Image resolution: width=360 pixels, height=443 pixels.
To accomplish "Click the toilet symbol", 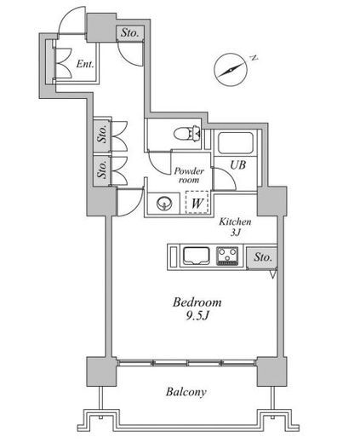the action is [x=188, y=133].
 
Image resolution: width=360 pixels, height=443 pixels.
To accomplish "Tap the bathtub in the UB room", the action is [x=235, y=143].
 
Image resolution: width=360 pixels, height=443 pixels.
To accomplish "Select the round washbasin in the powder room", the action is [x=164, y=204].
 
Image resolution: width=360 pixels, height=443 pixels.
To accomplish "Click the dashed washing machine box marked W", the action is [x=197, y=203].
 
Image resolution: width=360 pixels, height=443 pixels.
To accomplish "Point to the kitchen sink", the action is [x=197, y=256].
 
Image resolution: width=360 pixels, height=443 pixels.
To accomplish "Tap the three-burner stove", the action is [x=227, y=256].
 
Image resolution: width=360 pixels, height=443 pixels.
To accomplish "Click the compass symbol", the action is [x=231, y=70].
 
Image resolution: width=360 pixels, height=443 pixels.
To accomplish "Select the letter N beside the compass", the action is [x=254, y=58].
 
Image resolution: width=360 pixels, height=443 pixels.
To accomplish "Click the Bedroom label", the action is [x=197, y=302].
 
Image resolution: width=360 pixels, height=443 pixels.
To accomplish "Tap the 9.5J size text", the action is [x=197, y=315].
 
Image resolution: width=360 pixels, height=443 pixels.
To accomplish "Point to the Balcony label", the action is [x=186, y=392].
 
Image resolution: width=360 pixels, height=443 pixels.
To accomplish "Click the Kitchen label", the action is [x=235, y=221].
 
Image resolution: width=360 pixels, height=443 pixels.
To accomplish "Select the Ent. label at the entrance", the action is [x=85, y=64].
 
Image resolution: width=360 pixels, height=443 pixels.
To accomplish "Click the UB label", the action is [x=237, y=165].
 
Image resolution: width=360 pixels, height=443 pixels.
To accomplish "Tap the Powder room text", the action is [x=189, y=175].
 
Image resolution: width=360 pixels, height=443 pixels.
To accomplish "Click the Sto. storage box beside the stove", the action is [x=261, y=257].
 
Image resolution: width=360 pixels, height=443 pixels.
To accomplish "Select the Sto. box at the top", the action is [x=130, y=32].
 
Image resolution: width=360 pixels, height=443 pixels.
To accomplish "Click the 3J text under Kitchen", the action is [x=235, y=233].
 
